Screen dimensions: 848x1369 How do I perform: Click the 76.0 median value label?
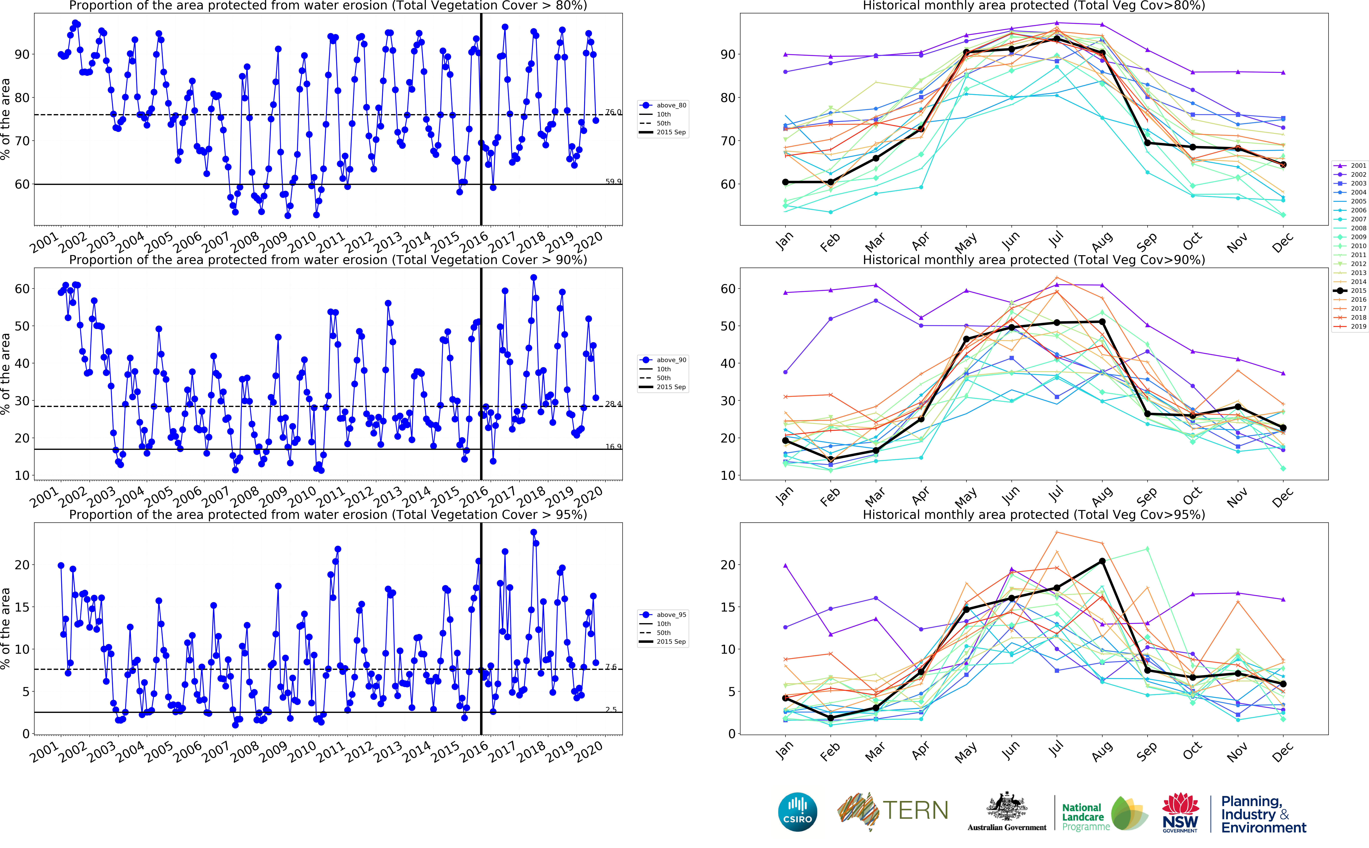point(613,112)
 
